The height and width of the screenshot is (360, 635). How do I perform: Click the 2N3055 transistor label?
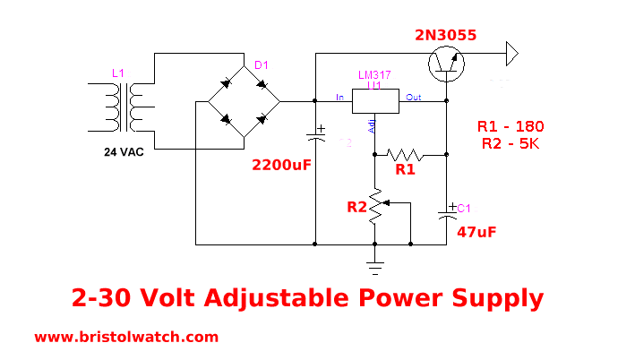[x=445, y=36]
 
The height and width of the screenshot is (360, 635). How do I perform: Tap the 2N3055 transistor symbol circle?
[x=446, y=61]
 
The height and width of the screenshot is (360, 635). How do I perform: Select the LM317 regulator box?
[x=375, y=101]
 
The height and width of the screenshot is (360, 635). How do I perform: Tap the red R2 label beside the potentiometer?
[x=356, y=208]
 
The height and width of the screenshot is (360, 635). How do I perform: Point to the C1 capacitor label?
[x=464, y=209]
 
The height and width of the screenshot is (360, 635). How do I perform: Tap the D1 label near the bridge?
[x=261, y=65]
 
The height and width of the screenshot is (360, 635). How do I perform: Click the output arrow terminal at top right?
[x=511, y=54]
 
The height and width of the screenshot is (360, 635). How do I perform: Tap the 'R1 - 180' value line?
[x=511, y=125]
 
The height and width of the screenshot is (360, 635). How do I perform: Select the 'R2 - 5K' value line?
[x=508, y=143]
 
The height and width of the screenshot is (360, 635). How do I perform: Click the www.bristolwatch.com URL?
[x=126, y=338]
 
